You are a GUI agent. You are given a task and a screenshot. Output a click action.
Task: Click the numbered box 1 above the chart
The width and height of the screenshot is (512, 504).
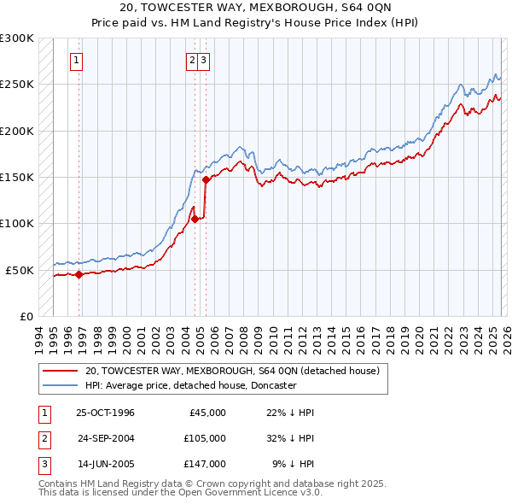pos(77,60)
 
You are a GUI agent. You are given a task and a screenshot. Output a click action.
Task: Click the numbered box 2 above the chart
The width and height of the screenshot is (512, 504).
pos(192,60)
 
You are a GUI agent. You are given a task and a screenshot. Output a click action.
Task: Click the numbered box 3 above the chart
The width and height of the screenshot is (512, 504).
pos(205,60)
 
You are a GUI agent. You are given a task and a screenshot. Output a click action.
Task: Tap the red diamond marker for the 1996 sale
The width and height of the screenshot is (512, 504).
pos(79,274)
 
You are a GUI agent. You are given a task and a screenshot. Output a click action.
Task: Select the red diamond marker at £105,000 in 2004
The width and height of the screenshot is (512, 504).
pos(195,219)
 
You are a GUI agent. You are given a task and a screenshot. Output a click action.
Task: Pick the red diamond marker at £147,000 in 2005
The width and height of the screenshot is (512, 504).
pos(206,179)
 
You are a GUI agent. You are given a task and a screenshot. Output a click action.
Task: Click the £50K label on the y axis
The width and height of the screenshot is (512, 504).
pos(20,270)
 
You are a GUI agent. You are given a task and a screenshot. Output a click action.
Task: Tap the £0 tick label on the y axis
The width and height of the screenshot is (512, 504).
pos(26,316)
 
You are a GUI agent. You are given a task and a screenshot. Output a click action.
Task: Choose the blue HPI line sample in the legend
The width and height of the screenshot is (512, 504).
pos(61,386)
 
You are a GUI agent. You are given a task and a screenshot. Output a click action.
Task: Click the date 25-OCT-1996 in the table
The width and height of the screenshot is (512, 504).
pos(105,413)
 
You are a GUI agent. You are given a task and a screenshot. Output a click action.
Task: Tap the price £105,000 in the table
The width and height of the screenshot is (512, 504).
pos(204,438)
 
